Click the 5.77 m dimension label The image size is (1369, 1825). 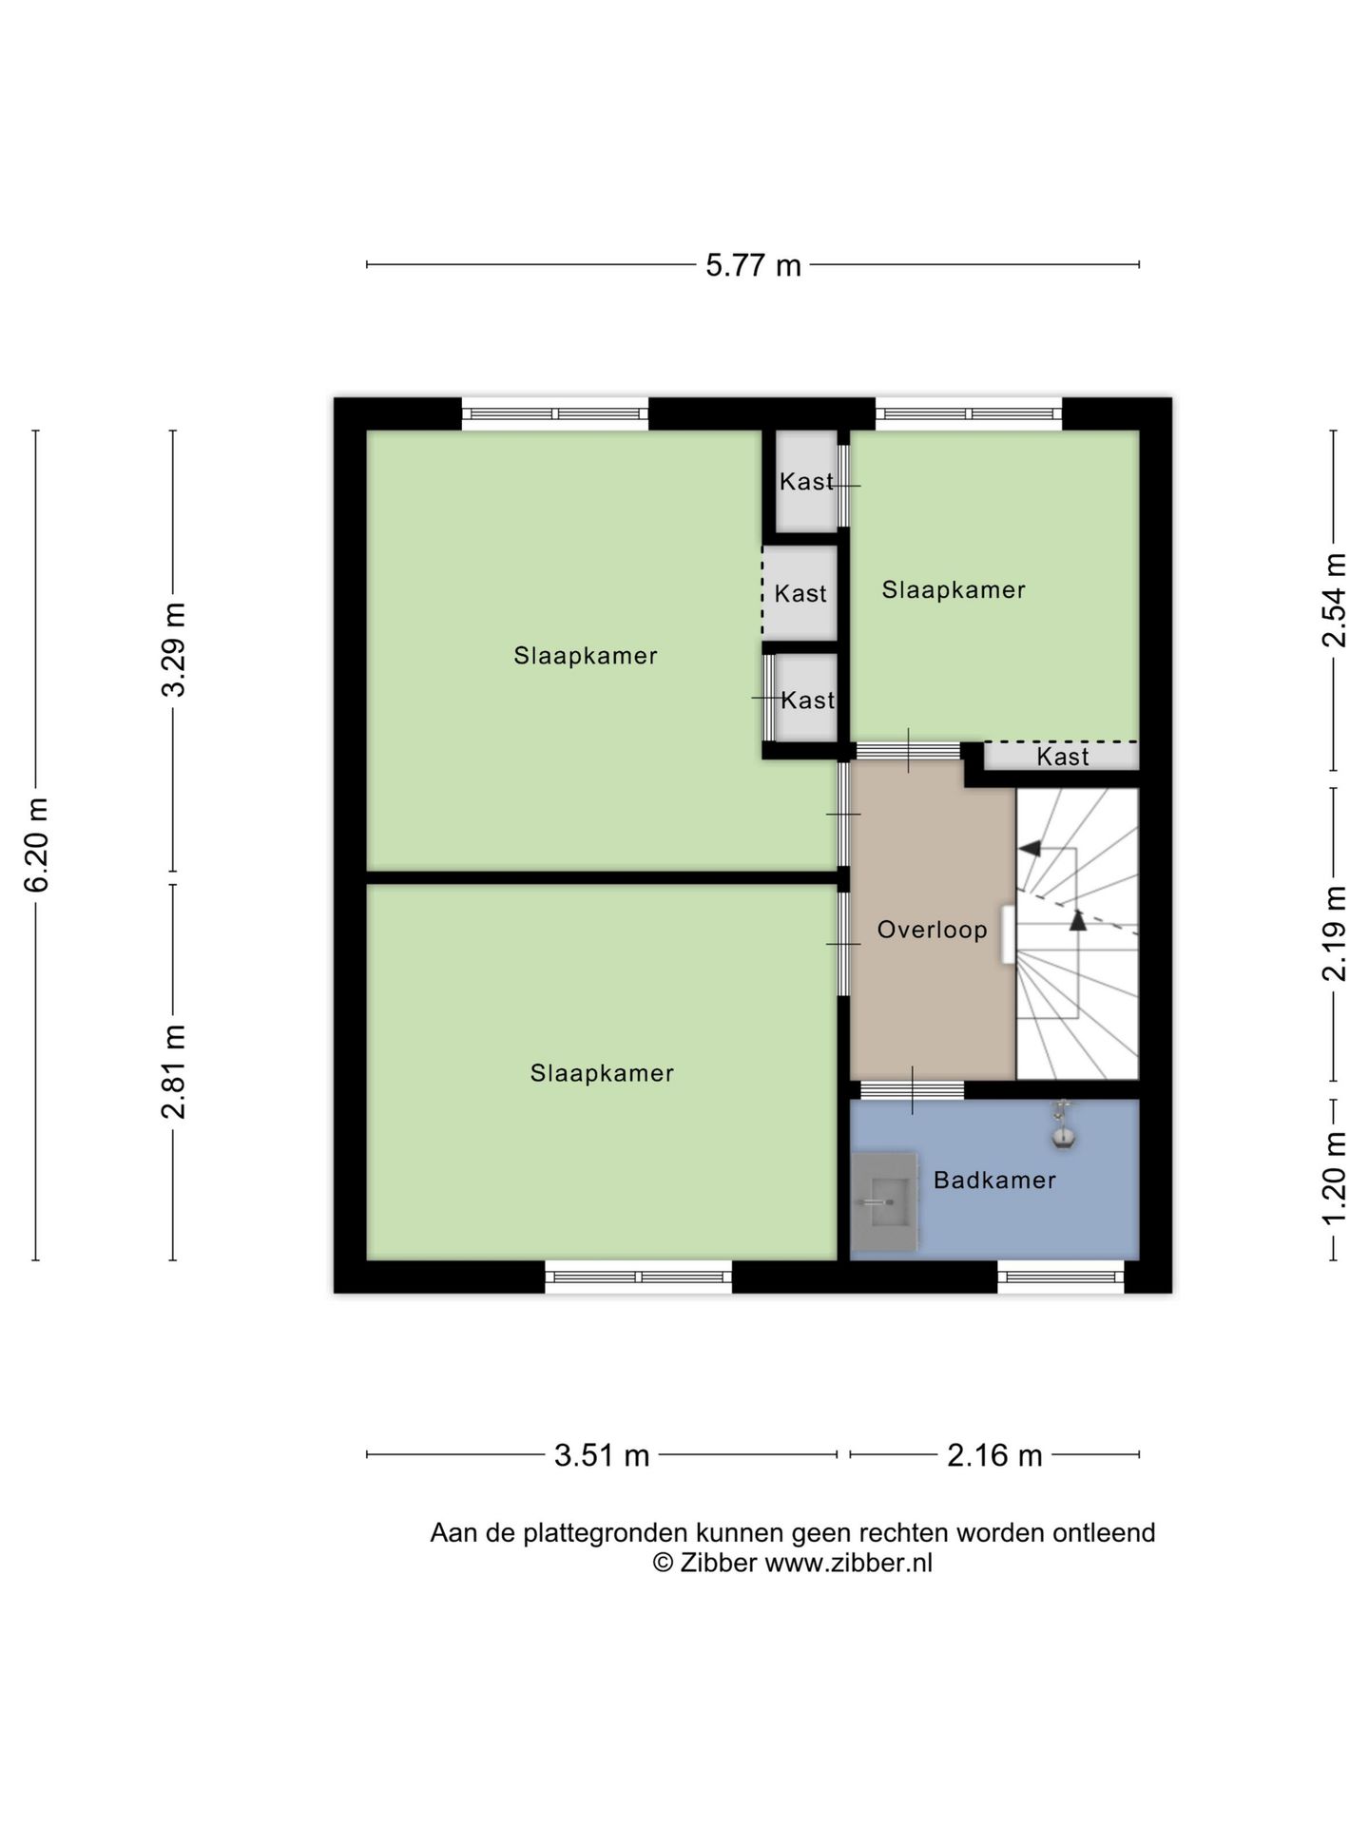coord(753,265)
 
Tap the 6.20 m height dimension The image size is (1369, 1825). coord(36,845)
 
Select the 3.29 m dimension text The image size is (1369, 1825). coord(173,649)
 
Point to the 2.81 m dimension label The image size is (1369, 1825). coord(173,1072)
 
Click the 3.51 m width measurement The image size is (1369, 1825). coord(602,1455)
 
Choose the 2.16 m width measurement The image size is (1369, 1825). coord(994,1455)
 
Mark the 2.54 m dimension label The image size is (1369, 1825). coord(1335,600)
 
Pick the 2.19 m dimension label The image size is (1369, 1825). coord(1335,933)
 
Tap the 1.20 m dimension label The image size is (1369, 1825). coord(1335,1179)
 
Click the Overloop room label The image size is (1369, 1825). coord(932,930)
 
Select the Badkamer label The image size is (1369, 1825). coord(994,1181)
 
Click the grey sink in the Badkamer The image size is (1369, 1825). coord(884,1201)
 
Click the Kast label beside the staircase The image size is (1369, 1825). coord(1063,757)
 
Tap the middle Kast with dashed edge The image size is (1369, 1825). coord(800,594)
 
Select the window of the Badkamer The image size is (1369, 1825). coord(1061,1277)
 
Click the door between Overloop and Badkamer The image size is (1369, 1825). coord(913,1090)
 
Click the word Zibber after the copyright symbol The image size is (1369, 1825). coord(718,1564)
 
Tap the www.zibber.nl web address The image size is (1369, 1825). coord(849,1564)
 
